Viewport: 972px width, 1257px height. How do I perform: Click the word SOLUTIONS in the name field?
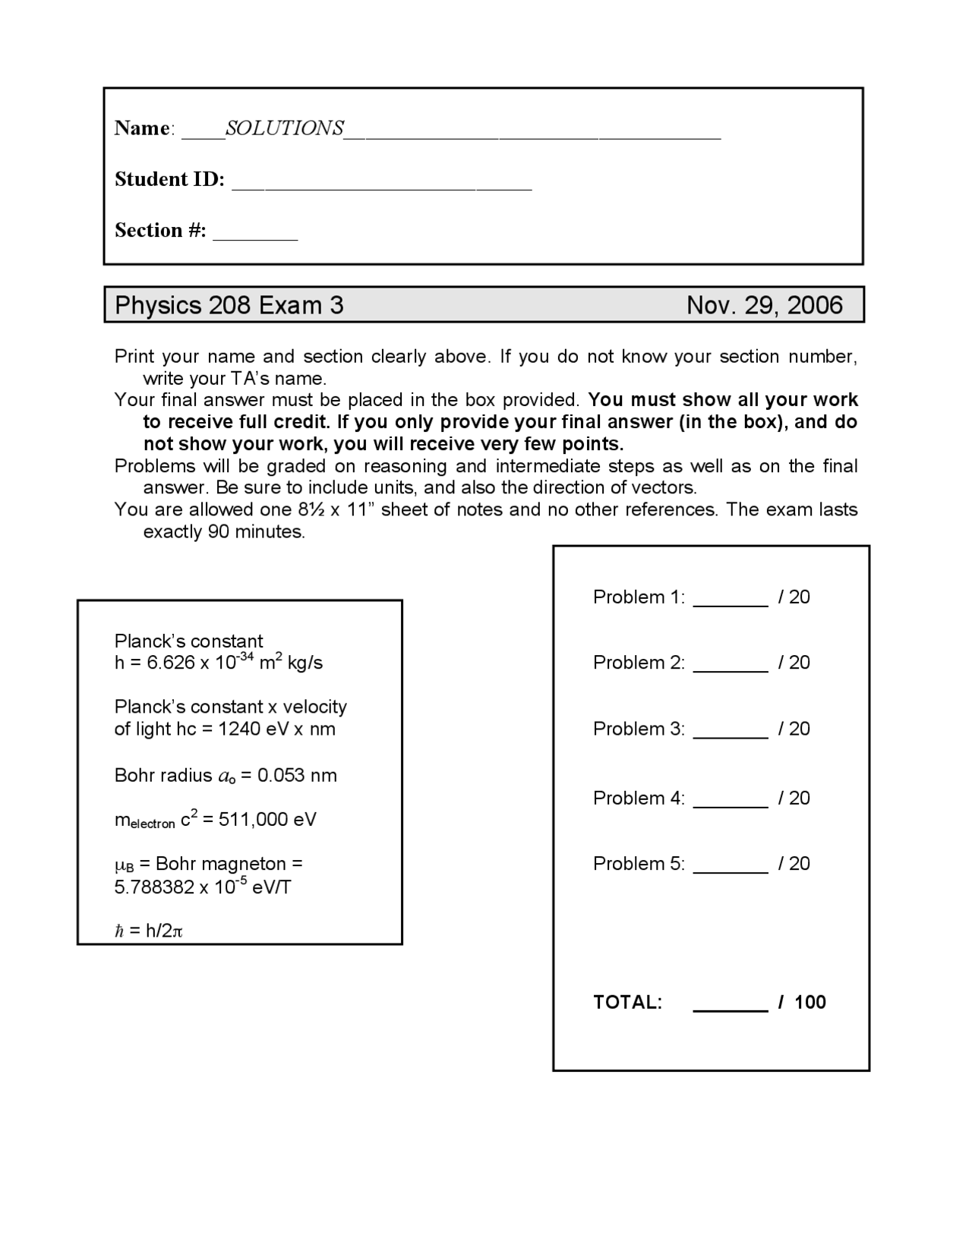[285, 128]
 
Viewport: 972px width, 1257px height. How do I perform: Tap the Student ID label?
[169, 179]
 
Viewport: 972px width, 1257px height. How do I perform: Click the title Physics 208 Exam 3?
[229, 305]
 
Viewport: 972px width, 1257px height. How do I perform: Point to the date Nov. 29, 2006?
[764, 305]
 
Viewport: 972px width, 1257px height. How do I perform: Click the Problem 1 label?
[639, 597]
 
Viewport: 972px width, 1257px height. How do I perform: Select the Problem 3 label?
[639, 729]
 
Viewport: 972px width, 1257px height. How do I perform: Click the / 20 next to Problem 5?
[794, 864]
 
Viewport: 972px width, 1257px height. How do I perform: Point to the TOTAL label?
[627, 1003]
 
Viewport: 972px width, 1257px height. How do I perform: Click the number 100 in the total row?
[810, 1003]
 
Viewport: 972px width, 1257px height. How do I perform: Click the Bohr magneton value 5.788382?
[154, 887]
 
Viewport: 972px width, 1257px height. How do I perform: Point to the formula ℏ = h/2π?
[149, 931]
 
